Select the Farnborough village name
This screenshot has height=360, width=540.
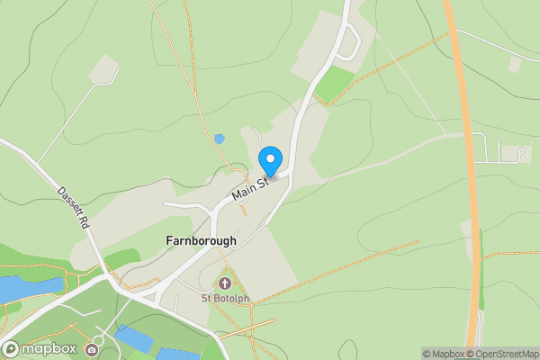click(x=202, y=241)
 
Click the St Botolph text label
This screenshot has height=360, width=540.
click(x=223, y=298)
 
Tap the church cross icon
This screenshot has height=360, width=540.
click(x=224, y=283)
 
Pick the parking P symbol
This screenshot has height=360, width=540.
click(x=520, y=154)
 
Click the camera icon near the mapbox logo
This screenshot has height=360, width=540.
click(x=92, y=349)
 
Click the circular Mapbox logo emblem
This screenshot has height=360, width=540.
click(x=11, y=348)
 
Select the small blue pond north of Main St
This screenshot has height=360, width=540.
click(x=219, y=139)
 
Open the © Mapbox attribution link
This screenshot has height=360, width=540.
click(x=444, y=354)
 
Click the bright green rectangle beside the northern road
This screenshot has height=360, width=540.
click(x=335, y=83)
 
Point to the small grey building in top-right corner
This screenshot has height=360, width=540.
click(x=516, y=64)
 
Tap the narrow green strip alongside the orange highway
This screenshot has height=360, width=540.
click(x=481, y=261)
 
